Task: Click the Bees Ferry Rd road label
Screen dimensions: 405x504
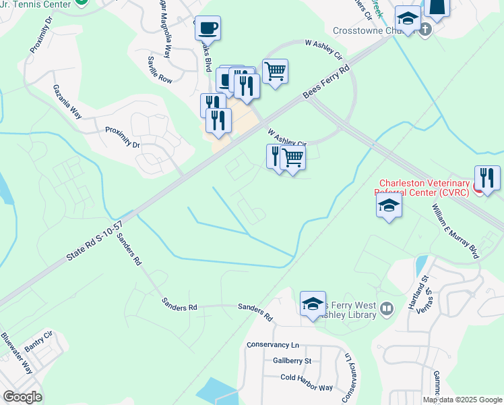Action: tap(327, 81)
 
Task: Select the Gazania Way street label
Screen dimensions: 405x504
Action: tap(68, 101)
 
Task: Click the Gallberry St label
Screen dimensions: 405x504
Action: tap(287, 360)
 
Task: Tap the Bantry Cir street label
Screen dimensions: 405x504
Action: tap(38, 341)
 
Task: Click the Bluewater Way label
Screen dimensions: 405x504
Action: tap(17, 352)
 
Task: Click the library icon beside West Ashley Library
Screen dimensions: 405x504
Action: tap(386, 309)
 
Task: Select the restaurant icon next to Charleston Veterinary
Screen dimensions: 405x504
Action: tap(487, 178)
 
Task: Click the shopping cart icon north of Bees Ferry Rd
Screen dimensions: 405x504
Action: tap(275, 70)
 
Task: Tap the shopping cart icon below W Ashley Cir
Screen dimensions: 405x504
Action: tap(292, 159)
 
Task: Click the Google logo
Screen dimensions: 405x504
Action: tap(22, 397)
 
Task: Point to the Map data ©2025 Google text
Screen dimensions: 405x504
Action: tap(462, 400)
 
